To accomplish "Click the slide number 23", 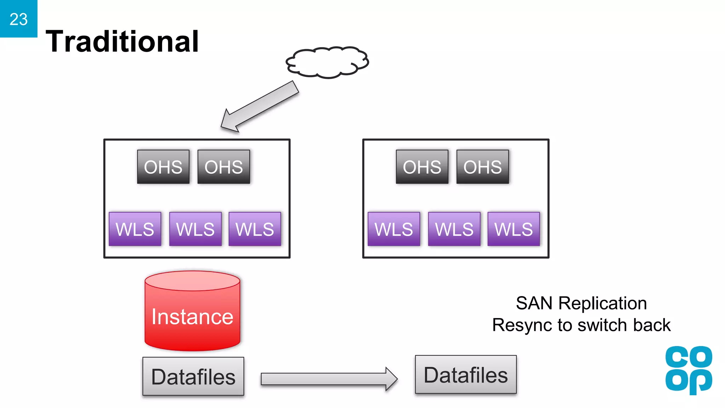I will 18,19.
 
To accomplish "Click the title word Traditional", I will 122,41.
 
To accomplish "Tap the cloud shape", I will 327,62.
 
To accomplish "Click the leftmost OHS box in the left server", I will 163,167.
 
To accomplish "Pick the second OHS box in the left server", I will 224,167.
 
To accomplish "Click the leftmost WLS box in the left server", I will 135,229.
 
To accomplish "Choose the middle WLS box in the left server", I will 195,229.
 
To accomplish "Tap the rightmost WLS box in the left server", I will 255,229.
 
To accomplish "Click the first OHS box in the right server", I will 422,167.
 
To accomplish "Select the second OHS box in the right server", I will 483,167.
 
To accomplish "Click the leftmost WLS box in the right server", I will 394,229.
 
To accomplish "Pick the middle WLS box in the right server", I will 454,229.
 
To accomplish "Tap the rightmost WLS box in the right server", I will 514,229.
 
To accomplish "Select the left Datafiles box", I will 193,376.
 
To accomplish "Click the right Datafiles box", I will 466,375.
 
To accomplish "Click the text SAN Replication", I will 581,304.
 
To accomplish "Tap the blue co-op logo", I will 688,370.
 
